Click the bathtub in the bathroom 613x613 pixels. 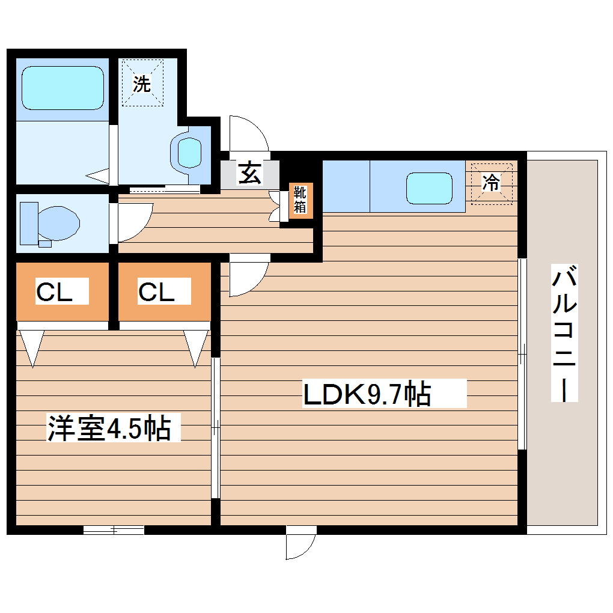[x=63, y=88]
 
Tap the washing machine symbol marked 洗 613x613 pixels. [x=142, y=84]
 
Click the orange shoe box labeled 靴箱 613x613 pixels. [x=300, y=201]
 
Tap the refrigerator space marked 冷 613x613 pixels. [x=492, y=182]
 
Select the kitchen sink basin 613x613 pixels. [x=428, y=188]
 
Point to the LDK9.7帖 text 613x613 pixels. [x=367, y=395]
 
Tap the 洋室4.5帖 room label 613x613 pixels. [x=109, y=429]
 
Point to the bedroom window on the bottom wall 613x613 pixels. [x=114, y=529]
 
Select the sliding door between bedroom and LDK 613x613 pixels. [x=216, y=427]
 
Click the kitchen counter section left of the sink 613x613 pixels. [x=346, y=186]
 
